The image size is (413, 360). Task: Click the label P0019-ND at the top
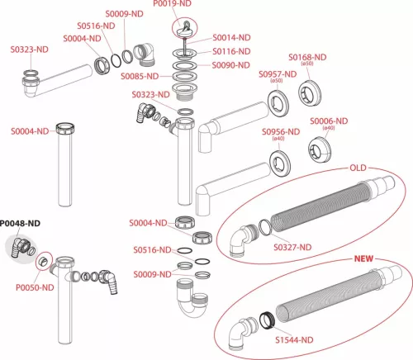pyautogui.click(x=172, y=3)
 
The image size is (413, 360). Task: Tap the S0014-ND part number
pyautogui.click(x=231, y=37)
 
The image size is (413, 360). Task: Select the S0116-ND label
pyautogui.click(x=231, y=51)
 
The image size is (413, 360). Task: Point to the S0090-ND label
pyautogui.click(x=231, y=65)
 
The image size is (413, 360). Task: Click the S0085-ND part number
pyautogui.click(x=140, y=76)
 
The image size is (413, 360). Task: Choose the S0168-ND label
pyautogui.click(x=307, y=57)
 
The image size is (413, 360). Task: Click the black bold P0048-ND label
pyautogui.click(x=20, y=224)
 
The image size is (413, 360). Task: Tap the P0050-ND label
pyautogui.click(x=35, y=287)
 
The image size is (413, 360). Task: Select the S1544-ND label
pyautogui.click(x=294, y=340)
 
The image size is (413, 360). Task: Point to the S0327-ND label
pyautogui.click(x=292, y=248)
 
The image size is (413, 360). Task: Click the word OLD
pyautogui.click(x=358, y=168)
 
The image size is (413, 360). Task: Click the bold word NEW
pyautogui.click(x=363, y=258)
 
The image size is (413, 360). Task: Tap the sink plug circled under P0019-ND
pyautogui.click(x=185, y=30)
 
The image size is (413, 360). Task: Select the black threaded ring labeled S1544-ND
pyautogui.click(x=267, y=320)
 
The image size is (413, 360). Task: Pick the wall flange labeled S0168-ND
pyautogui.click(x=310, y=92)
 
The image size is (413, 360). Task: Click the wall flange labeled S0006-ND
pyautogui.click(x=320, y=149)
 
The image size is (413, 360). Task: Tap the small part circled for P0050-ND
pyautogui.click(x=43, y=261)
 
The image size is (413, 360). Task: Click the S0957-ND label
pyautogui.click(x=278, y=74)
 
